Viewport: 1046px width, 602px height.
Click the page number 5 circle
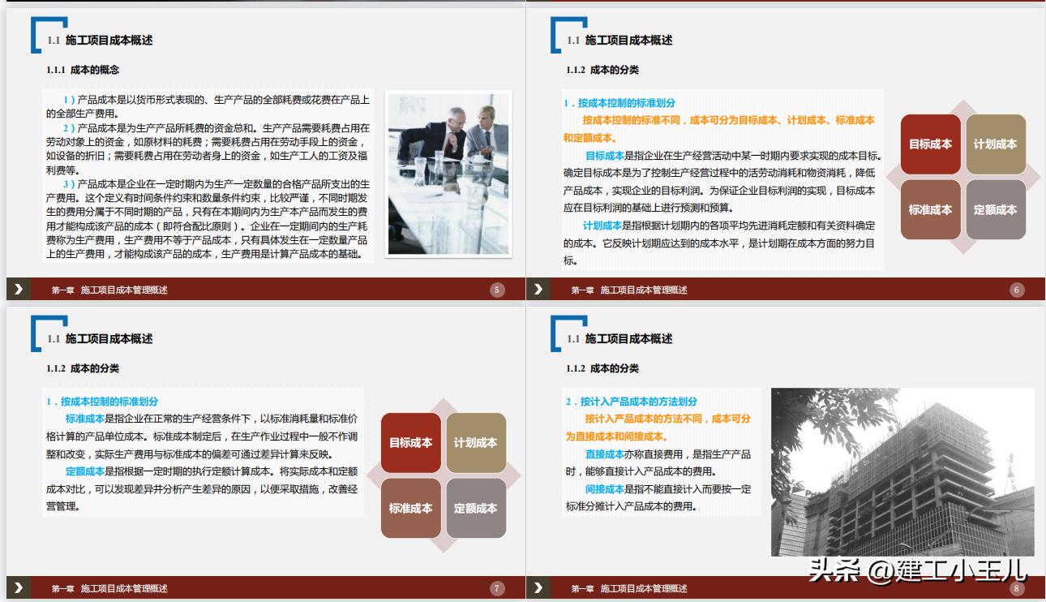(x=498, y=290)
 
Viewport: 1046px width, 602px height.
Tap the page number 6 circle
(x=1017, y=290)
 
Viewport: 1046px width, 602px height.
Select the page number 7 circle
(x=498, y=588)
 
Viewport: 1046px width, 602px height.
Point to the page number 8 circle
(x=1017, y=588)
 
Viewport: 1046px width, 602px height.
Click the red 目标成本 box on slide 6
(x=930, y=144)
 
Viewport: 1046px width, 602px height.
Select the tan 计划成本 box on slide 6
(x=995, y=144)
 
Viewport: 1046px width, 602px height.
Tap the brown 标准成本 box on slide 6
(x=930, y=209)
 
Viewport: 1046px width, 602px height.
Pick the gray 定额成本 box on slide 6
(x=995, y=209)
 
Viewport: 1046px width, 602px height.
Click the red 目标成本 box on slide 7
(x=410, y=443)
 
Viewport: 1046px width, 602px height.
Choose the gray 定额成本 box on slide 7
(x=475, y=508)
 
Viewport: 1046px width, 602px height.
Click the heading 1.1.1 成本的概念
(x=83, y=70)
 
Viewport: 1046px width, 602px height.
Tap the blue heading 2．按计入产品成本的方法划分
(x=631, y=402)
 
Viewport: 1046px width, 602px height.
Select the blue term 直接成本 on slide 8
(x=604, y=454)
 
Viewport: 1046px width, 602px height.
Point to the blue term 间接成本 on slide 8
(x=604, y=489)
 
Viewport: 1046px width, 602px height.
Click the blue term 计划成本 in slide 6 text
(x=602, y=226)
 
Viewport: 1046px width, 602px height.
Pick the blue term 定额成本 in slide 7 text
(x=84, y=471)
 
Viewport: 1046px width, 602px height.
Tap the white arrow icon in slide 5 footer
(x=18, y=290)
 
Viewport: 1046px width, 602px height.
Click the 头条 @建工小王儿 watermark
(x=916, y=570)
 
